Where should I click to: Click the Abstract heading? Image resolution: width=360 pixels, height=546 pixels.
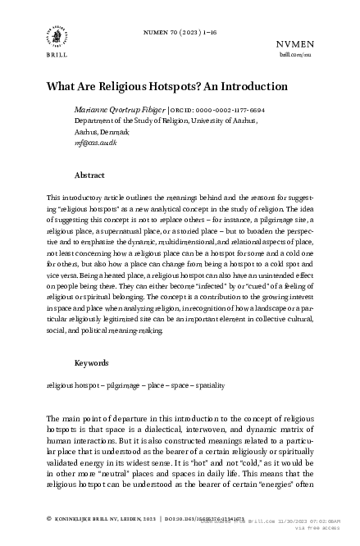(89, 175)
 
